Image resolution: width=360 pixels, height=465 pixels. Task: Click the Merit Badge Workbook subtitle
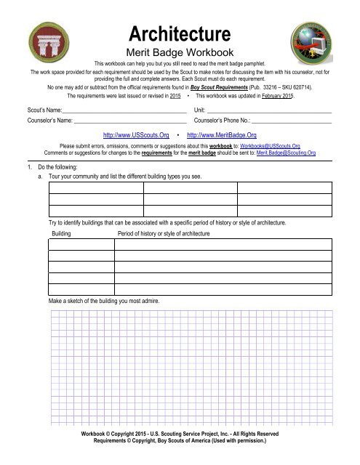click(x=179, y=52)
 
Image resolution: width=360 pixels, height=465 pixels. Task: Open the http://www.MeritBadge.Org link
click(x=222, y=135)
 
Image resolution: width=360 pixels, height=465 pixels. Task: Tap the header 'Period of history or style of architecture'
click(x=164, y=234)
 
